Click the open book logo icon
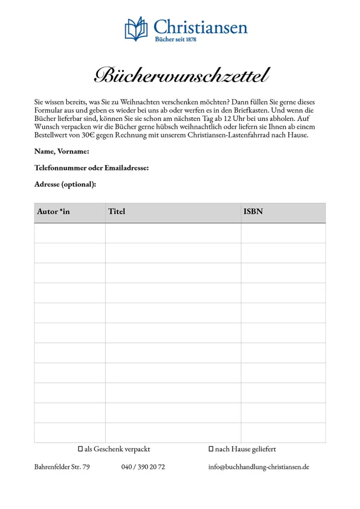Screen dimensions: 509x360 136,29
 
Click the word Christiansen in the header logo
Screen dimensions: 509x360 200,26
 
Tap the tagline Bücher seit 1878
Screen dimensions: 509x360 175,39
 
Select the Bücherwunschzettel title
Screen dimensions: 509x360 181,76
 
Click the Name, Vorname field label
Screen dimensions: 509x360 62,152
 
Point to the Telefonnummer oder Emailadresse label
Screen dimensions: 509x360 91,168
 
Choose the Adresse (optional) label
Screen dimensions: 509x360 65,184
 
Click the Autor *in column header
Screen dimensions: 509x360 53,212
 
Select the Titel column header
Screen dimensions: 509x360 117,212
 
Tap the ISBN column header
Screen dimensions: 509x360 253,212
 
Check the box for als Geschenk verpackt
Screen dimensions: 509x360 81,449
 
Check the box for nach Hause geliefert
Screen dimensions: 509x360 211,449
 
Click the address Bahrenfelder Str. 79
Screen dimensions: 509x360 62,467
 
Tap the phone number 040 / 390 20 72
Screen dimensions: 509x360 143,467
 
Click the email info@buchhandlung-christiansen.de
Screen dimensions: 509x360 259,467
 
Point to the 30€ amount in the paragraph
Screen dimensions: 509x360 88,135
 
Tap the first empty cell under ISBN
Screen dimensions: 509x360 283,233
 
